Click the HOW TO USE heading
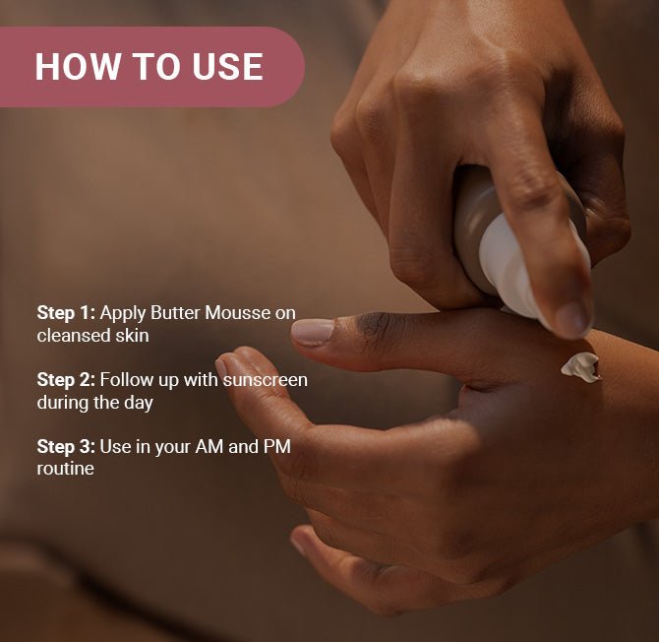click(x=149, y=67)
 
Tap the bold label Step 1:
click(x=66, y=313)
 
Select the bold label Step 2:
click(x=66, y=380)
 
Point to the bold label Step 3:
click(x=66, y=447)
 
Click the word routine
click(x=65, y=469)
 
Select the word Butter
click(x=175, y=313)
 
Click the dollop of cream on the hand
click(x=580, y=367)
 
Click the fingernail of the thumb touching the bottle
click(x=572, y=317)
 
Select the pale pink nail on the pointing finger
click(x=313, y=332)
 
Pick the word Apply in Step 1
click(x=123, y=313)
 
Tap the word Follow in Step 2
click(x=125, y=380)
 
